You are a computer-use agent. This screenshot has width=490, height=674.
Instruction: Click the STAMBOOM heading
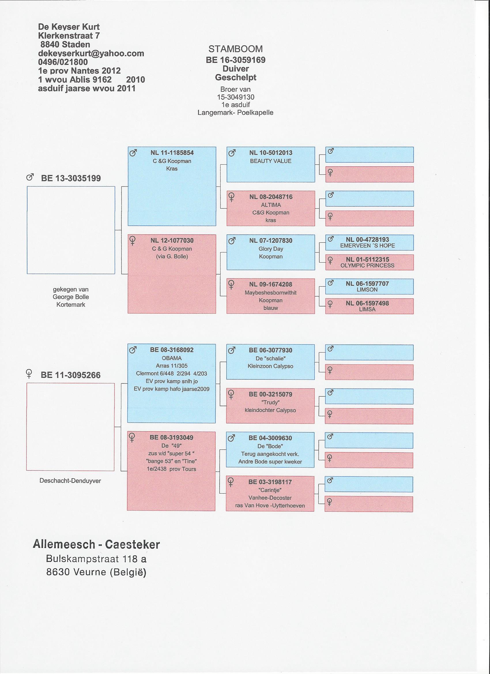[235, 49]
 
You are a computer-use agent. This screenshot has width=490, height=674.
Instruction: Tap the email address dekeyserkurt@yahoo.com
[91, 54]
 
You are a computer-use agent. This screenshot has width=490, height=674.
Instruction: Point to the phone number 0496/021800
[63, 62]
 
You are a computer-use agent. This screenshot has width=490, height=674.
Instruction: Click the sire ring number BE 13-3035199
[71, 178]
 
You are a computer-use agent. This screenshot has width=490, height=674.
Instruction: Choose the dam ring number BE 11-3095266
[70, 375]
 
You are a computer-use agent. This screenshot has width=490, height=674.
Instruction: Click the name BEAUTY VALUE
[271, 161]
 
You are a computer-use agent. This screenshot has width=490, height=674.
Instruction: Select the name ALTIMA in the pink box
[271, 205]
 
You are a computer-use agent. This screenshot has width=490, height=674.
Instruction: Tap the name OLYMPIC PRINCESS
[367, 266]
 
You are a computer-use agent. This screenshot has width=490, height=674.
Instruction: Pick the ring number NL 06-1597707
[367, 283]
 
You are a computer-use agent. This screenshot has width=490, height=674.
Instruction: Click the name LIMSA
[367, 309]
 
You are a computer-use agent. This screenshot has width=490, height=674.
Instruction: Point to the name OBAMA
[172, 358]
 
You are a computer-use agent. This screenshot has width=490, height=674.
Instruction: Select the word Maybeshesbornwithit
[271, 293]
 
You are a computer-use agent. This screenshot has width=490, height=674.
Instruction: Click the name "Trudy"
[270, 402]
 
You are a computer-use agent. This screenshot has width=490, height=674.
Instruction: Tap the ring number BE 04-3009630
[270, 438]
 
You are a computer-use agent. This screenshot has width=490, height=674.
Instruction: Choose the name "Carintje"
[270, 490]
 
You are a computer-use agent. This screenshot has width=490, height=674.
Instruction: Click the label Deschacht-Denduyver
[70, 481]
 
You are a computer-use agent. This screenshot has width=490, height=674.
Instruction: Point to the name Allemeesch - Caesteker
[96, 545]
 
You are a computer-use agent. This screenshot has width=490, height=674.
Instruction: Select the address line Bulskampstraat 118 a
[96, 559]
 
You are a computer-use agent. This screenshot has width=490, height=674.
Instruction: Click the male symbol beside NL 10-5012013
[232, 153]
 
